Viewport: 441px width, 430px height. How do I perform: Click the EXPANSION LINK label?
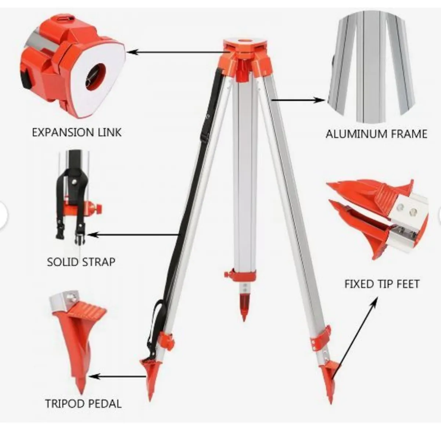coord(76,132)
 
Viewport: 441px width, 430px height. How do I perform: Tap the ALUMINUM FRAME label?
coord(376,134)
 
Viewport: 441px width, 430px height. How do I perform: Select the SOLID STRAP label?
coord(81,262)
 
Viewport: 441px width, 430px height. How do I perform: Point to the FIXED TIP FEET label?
coord(382,284)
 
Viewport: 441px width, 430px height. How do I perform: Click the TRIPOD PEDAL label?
coord(83,404)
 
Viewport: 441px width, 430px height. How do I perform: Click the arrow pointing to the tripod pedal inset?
coord(118,376)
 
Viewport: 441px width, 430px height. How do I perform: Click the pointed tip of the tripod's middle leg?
coord(244,318)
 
